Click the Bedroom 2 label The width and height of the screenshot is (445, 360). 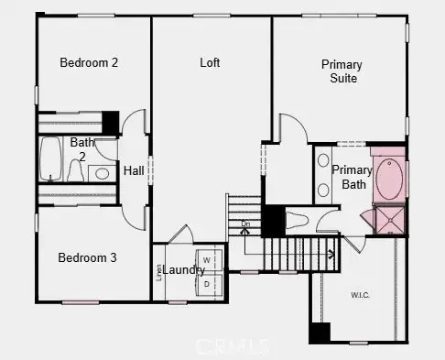90,63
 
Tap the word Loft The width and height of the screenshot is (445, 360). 212,63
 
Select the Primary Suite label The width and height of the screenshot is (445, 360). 341,71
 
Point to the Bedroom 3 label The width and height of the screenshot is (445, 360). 87,258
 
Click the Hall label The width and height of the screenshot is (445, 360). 134,170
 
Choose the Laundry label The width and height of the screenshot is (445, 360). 185,270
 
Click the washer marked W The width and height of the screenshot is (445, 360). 208,260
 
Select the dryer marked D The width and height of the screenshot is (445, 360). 208,284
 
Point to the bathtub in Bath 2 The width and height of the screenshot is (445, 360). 50,161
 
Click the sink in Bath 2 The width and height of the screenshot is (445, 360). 103,172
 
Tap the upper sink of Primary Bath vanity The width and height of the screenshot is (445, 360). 323,161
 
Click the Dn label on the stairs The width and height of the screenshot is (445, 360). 245,224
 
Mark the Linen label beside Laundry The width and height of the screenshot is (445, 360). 159,272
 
